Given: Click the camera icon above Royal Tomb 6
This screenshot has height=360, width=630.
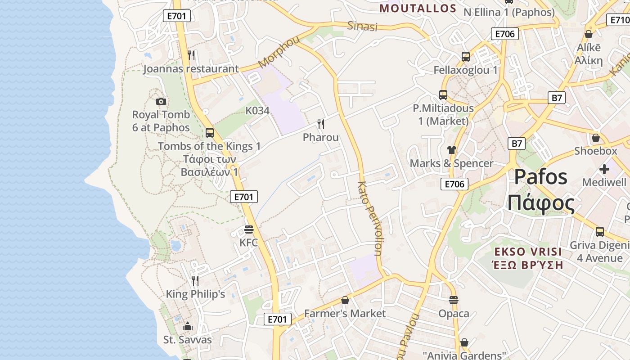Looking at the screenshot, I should point(161,102).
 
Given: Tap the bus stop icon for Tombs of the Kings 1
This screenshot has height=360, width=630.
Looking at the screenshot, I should point(210,133).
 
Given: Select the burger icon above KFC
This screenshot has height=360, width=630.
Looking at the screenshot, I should point(248,229).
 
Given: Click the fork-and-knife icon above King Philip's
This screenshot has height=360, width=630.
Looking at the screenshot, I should point(195,281).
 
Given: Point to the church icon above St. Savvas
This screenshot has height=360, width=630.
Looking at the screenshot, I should point(188,326).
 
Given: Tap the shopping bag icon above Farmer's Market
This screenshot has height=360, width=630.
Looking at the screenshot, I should point(345,300).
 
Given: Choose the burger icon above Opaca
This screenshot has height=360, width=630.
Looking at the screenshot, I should point(454,300).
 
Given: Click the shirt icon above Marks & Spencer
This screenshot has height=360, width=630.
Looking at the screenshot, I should point(452,150).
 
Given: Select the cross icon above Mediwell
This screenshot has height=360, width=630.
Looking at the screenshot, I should point(604,169).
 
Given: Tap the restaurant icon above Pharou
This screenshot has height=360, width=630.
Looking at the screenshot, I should point(321,124).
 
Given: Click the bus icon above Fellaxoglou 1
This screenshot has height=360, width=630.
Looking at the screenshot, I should point(466,57).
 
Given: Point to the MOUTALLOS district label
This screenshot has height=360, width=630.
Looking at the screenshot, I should point(418,8).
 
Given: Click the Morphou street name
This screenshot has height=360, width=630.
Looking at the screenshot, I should point(279,52).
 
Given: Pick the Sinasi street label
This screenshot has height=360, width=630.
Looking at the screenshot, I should point(362,26).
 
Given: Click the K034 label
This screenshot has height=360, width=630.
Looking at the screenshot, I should point(257,111).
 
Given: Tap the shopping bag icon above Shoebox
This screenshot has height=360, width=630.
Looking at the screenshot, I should point(596,137).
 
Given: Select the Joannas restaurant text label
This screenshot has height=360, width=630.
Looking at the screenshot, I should point(191,69).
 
